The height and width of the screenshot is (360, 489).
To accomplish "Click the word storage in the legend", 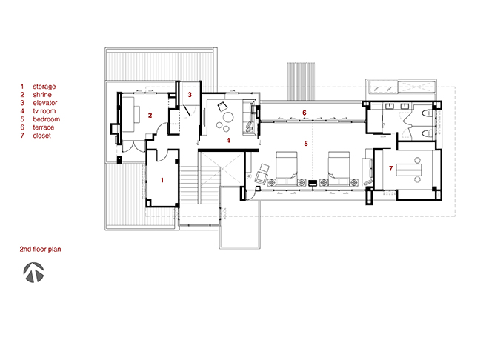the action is [44, 87].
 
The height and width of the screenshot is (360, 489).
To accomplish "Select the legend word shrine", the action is [42, 95].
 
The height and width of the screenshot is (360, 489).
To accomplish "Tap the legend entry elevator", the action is [45, 103].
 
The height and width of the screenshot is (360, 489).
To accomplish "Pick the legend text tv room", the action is [44, 111].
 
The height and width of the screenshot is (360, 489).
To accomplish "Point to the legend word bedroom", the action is [47, 119].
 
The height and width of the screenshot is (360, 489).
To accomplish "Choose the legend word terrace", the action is [44, 127].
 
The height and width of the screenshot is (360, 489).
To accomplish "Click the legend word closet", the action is [41, 136].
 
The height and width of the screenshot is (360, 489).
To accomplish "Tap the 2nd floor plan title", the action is [40, 249].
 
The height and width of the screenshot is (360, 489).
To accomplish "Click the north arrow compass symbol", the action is [33, 273].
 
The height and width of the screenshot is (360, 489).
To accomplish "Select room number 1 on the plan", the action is [162, 180].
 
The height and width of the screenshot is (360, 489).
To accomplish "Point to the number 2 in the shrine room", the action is [150, 116].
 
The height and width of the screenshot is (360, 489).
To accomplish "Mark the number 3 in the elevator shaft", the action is [190, 94].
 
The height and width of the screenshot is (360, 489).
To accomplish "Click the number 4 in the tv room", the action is [228, 141].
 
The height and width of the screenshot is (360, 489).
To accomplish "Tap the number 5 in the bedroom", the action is [306, 144].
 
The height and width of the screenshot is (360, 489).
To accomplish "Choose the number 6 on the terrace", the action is [305, 113].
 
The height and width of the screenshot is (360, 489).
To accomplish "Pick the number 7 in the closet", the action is [390, 168].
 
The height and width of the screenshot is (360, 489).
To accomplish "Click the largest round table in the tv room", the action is [228, 117].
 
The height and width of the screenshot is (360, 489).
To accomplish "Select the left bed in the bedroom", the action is [287, 168].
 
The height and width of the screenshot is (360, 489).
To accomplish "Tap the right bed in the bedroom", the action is [339, 168].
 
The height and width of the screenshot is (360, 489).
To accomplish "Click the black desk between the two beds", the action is [313, 183].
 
